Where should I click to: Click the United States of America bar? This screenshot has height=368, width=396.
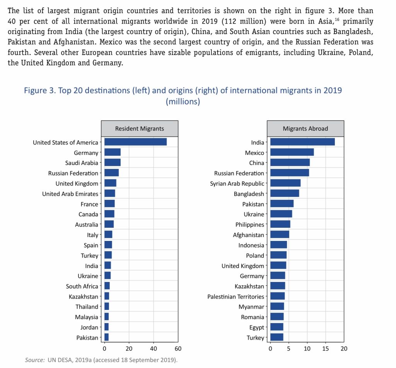tap(135, 142)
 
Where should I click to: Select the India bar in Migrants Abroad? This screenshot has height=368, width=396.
tap(302, 142)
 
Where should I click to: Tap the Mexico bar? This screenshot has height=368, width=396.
tap(292, 153)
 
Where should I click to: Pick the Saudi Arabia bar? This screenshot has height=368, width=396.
tap(113, 163)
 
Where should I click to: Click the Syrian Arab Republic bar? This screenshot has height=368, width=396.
tap(285, 183)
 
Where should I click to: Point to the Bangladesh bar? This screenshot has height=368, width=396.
tap(285, 194)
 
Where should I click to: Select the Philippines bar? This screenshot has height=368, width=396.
tap(280, 224)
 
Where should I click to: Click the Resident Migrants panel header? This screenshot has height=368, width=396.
tap(140, 129)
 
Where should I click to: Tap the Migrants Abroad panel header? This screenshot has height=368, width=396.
tap(305, 129)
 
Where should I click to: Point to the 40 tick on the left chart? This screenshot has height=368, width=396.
tap(154, 348)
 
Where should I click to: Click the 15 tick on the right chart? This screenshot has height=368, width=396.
tap(326, 348)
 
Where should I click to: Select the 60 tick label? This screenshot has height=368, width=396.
tap(178, 348)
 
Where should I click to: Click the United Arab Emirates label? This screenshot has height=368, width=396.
tap(70, 194)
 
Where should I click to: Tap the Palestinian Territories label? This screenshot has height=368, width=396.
tap(236, 297)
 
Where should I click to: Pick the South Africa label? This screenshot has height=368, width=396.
tap(82, 286)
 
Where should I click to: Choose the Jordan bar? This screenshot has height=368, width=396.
tap(106, 327)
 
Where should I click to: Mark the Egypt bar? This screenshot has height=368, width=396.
tap(277, 327)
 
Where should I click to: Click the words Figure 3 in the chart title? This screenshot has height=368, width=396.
tap(40, 91)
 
